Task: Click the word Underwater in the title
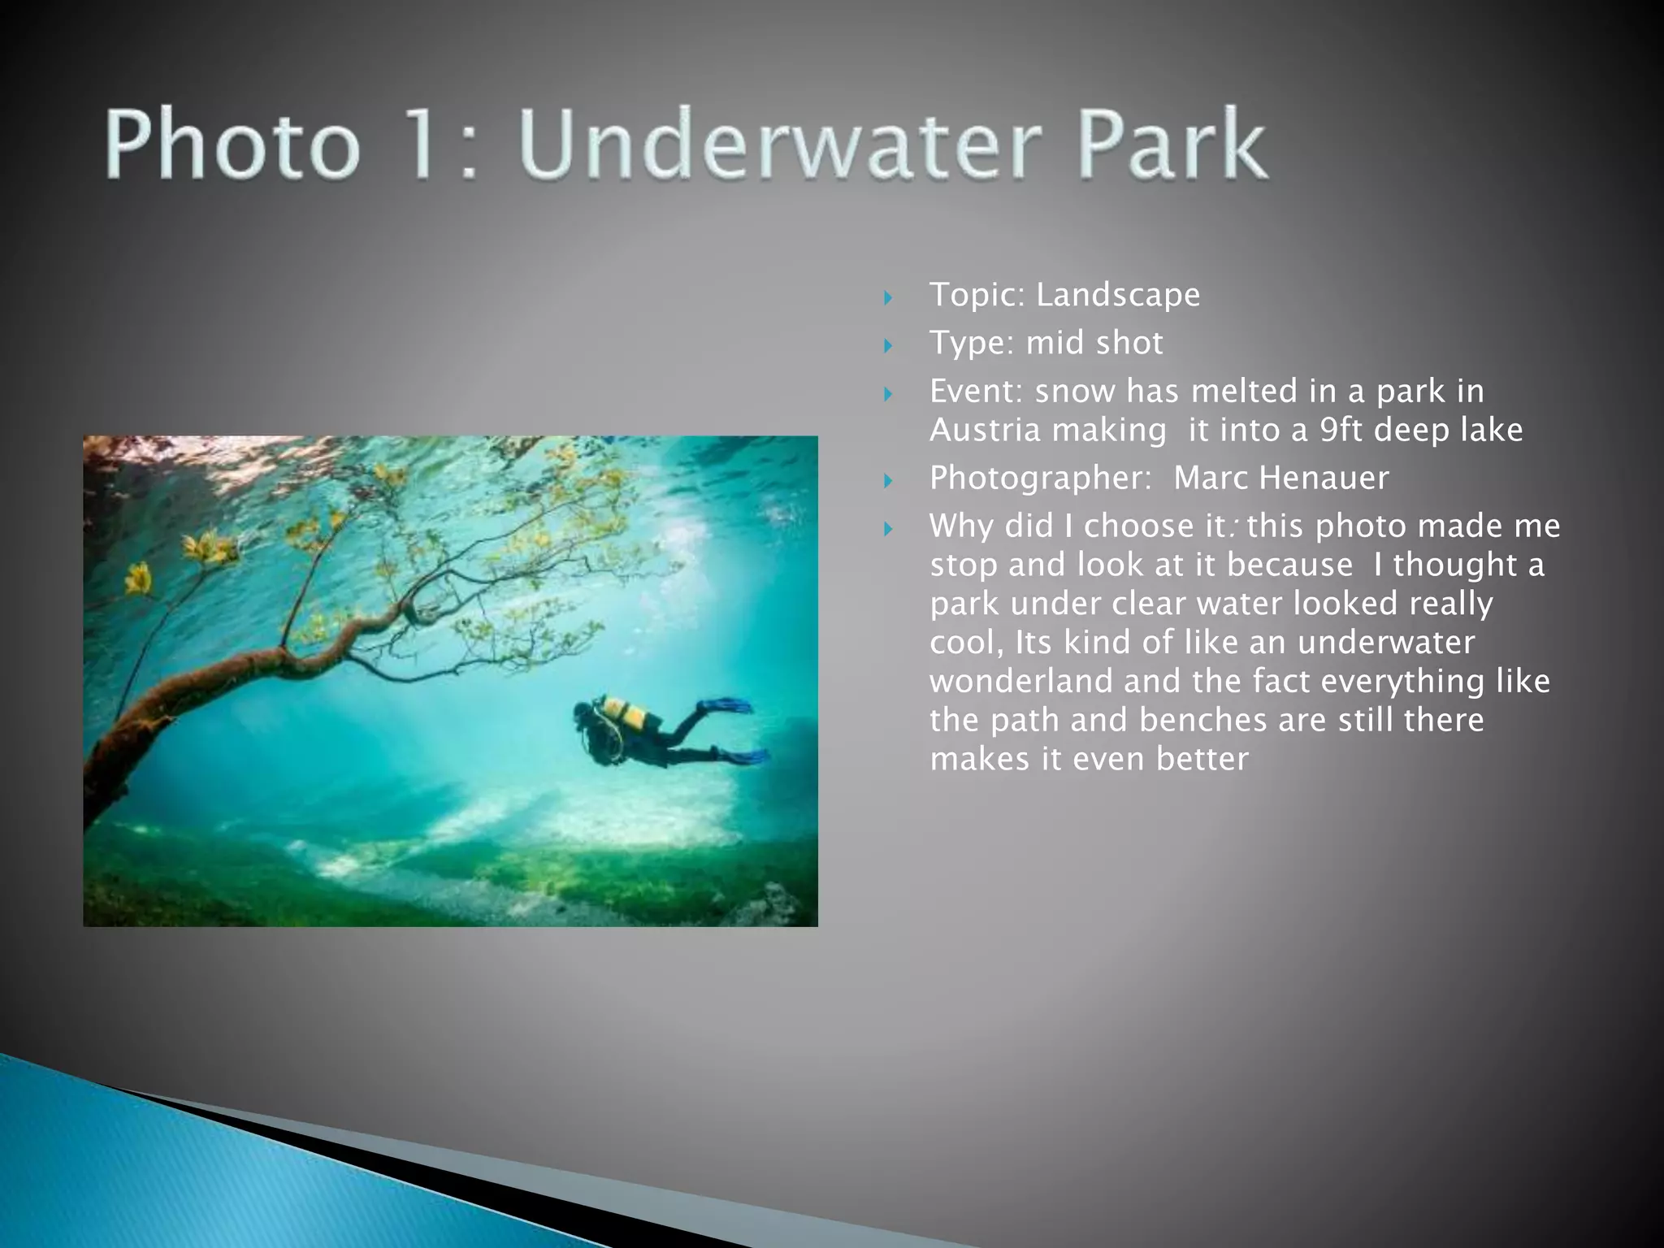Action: pyautogui.click(x=779, y=146)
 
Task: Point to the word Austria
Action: pyautogui.click(x=985, y=430)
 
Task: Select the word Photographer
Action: pyautogui.click(x=1040, y=479)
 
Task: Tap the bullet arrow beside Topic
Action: pyautogui.click(x=888, y=297)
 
